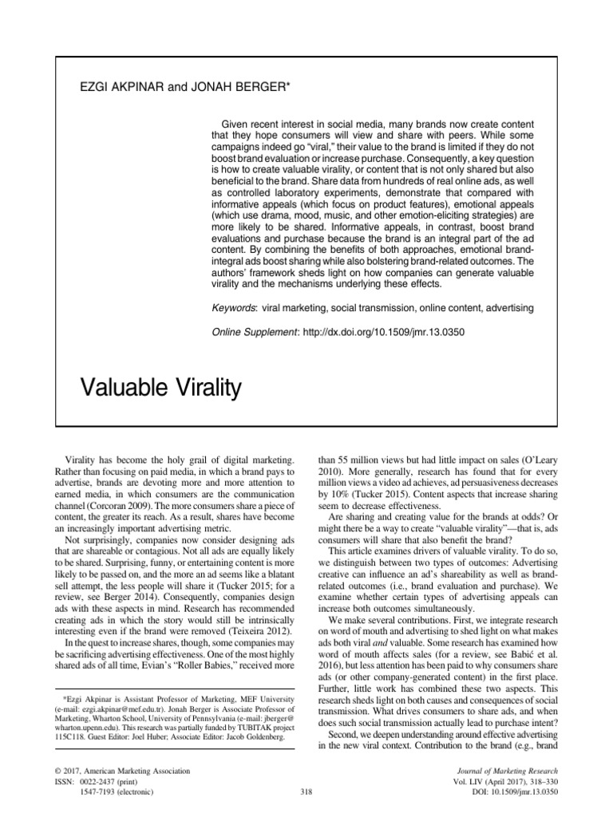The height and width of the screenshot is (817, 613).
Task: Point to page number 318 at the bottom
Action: coord(306,791)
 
